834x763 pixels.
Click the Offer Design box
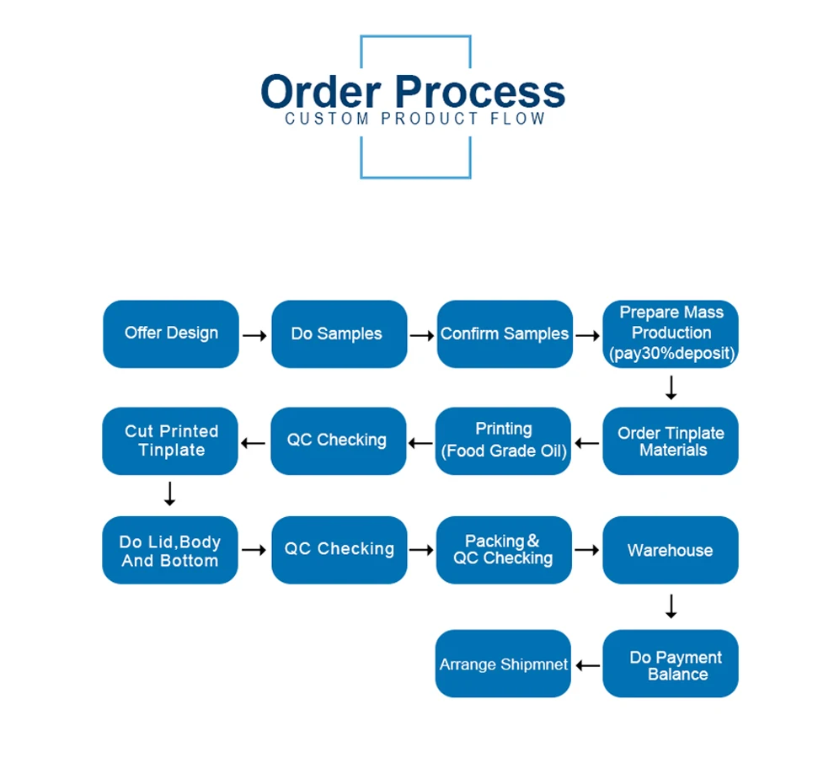tap(171, 333)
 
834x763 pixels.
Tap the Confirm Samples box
tap(504, 333)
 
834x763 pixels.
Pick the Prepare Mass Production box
tap(671, 333)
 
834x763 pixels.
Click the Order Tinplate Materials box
tap(671, 441)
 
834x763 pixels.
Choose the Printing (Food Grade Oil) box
tap(504, 440)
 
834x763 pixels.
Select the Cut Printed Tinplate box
tap(171, 440)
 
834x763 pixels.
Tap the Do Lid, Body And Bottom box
tap(170, 551)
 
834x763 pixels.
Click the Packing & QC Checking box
tap(504, 550)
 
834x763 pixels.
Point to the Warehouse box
tap(671, 550)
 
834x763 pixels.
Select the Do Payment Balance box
tap(671, 664)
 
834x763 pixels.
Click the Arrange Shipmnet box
tap(504, 664)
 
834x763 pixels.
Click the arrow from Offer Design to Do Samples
tap(254, 335)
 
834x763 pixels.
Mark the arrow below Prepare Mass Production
tap(671, 387)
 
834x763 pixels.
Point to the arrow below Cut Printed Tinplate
tap(169, 494)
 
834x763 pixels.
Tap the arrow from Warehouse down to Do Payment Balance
tap(671, 606)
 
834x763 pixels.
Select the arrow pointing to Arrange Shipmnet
tap(587, 666)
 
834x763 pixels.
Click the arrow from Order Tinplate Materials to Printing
tap(587, 442)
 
